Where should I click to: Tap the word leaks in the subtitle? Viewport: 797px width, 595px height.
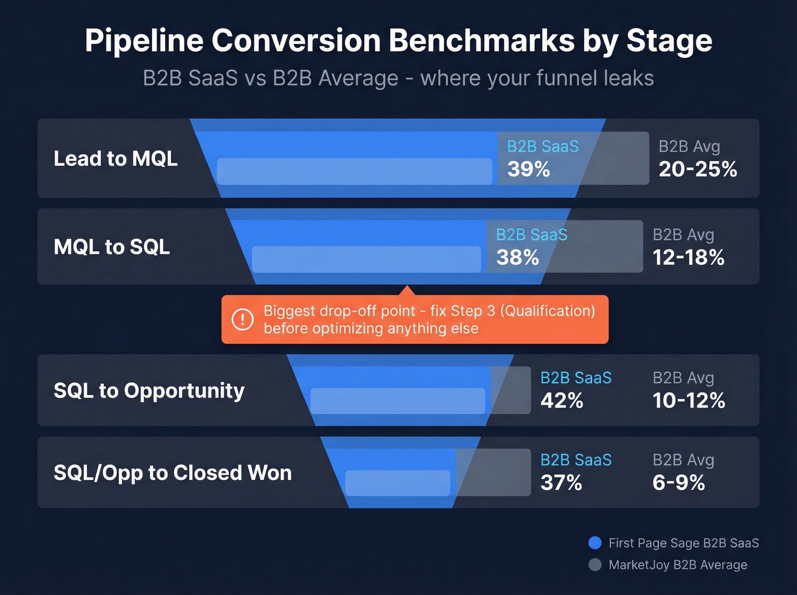coord(629,79)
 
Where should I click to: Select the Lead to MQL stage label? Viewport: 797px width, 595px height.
coord(116,158)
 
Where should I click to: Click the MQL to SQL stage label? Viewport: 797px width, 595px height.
coord(112,247)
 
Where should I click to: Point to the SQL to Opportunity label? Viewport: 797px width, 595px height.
coord(149,391)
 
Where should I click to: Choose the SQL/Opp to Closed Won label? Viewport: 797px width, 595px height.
coord(172,473)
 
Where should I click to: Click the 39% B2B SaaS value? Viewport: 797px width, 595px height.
coord(528,169)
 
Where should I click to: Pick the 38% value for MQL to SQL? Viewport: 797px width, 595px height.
coord(517,257)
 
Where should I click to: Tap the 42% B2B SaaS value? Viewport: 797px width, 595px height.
coord(562,401)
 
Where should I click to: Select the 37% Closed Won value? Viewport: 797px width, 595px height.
coord(561,483)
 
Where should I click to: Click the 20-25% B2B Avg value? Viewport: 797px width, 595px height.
coord(698,169)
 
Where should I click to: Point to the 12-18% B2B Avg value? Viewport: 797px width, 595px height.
coord(688,257)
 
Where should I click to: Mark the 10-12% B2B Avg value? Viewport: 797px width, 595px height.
coord(689,401)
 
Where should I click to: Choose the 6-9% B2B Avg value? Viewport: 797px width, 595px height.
coord(679,483)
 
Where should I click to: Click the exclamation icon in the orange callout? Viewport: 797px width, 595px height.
coord(243,319)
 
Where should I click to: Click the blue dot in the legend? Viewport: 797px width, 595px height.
coord(595,543)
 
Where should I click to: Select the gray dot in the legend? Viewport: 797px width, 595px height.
coord(595,565)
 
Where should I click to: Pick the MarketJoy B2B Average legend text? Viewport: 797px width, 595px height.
coord(677,565)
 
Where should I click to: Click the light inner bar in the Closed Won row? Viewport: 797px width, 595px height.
coord(397,483)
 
